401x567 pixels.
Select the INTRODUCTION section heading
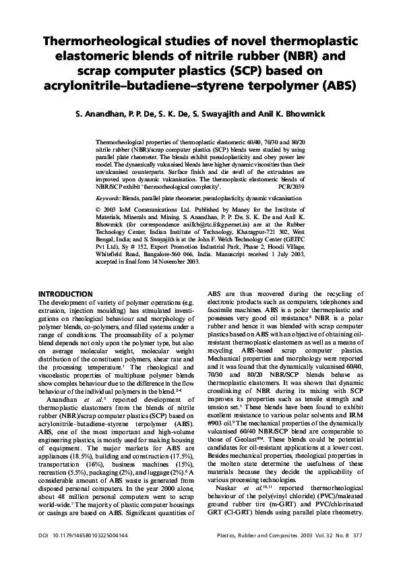coord(65,295)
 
